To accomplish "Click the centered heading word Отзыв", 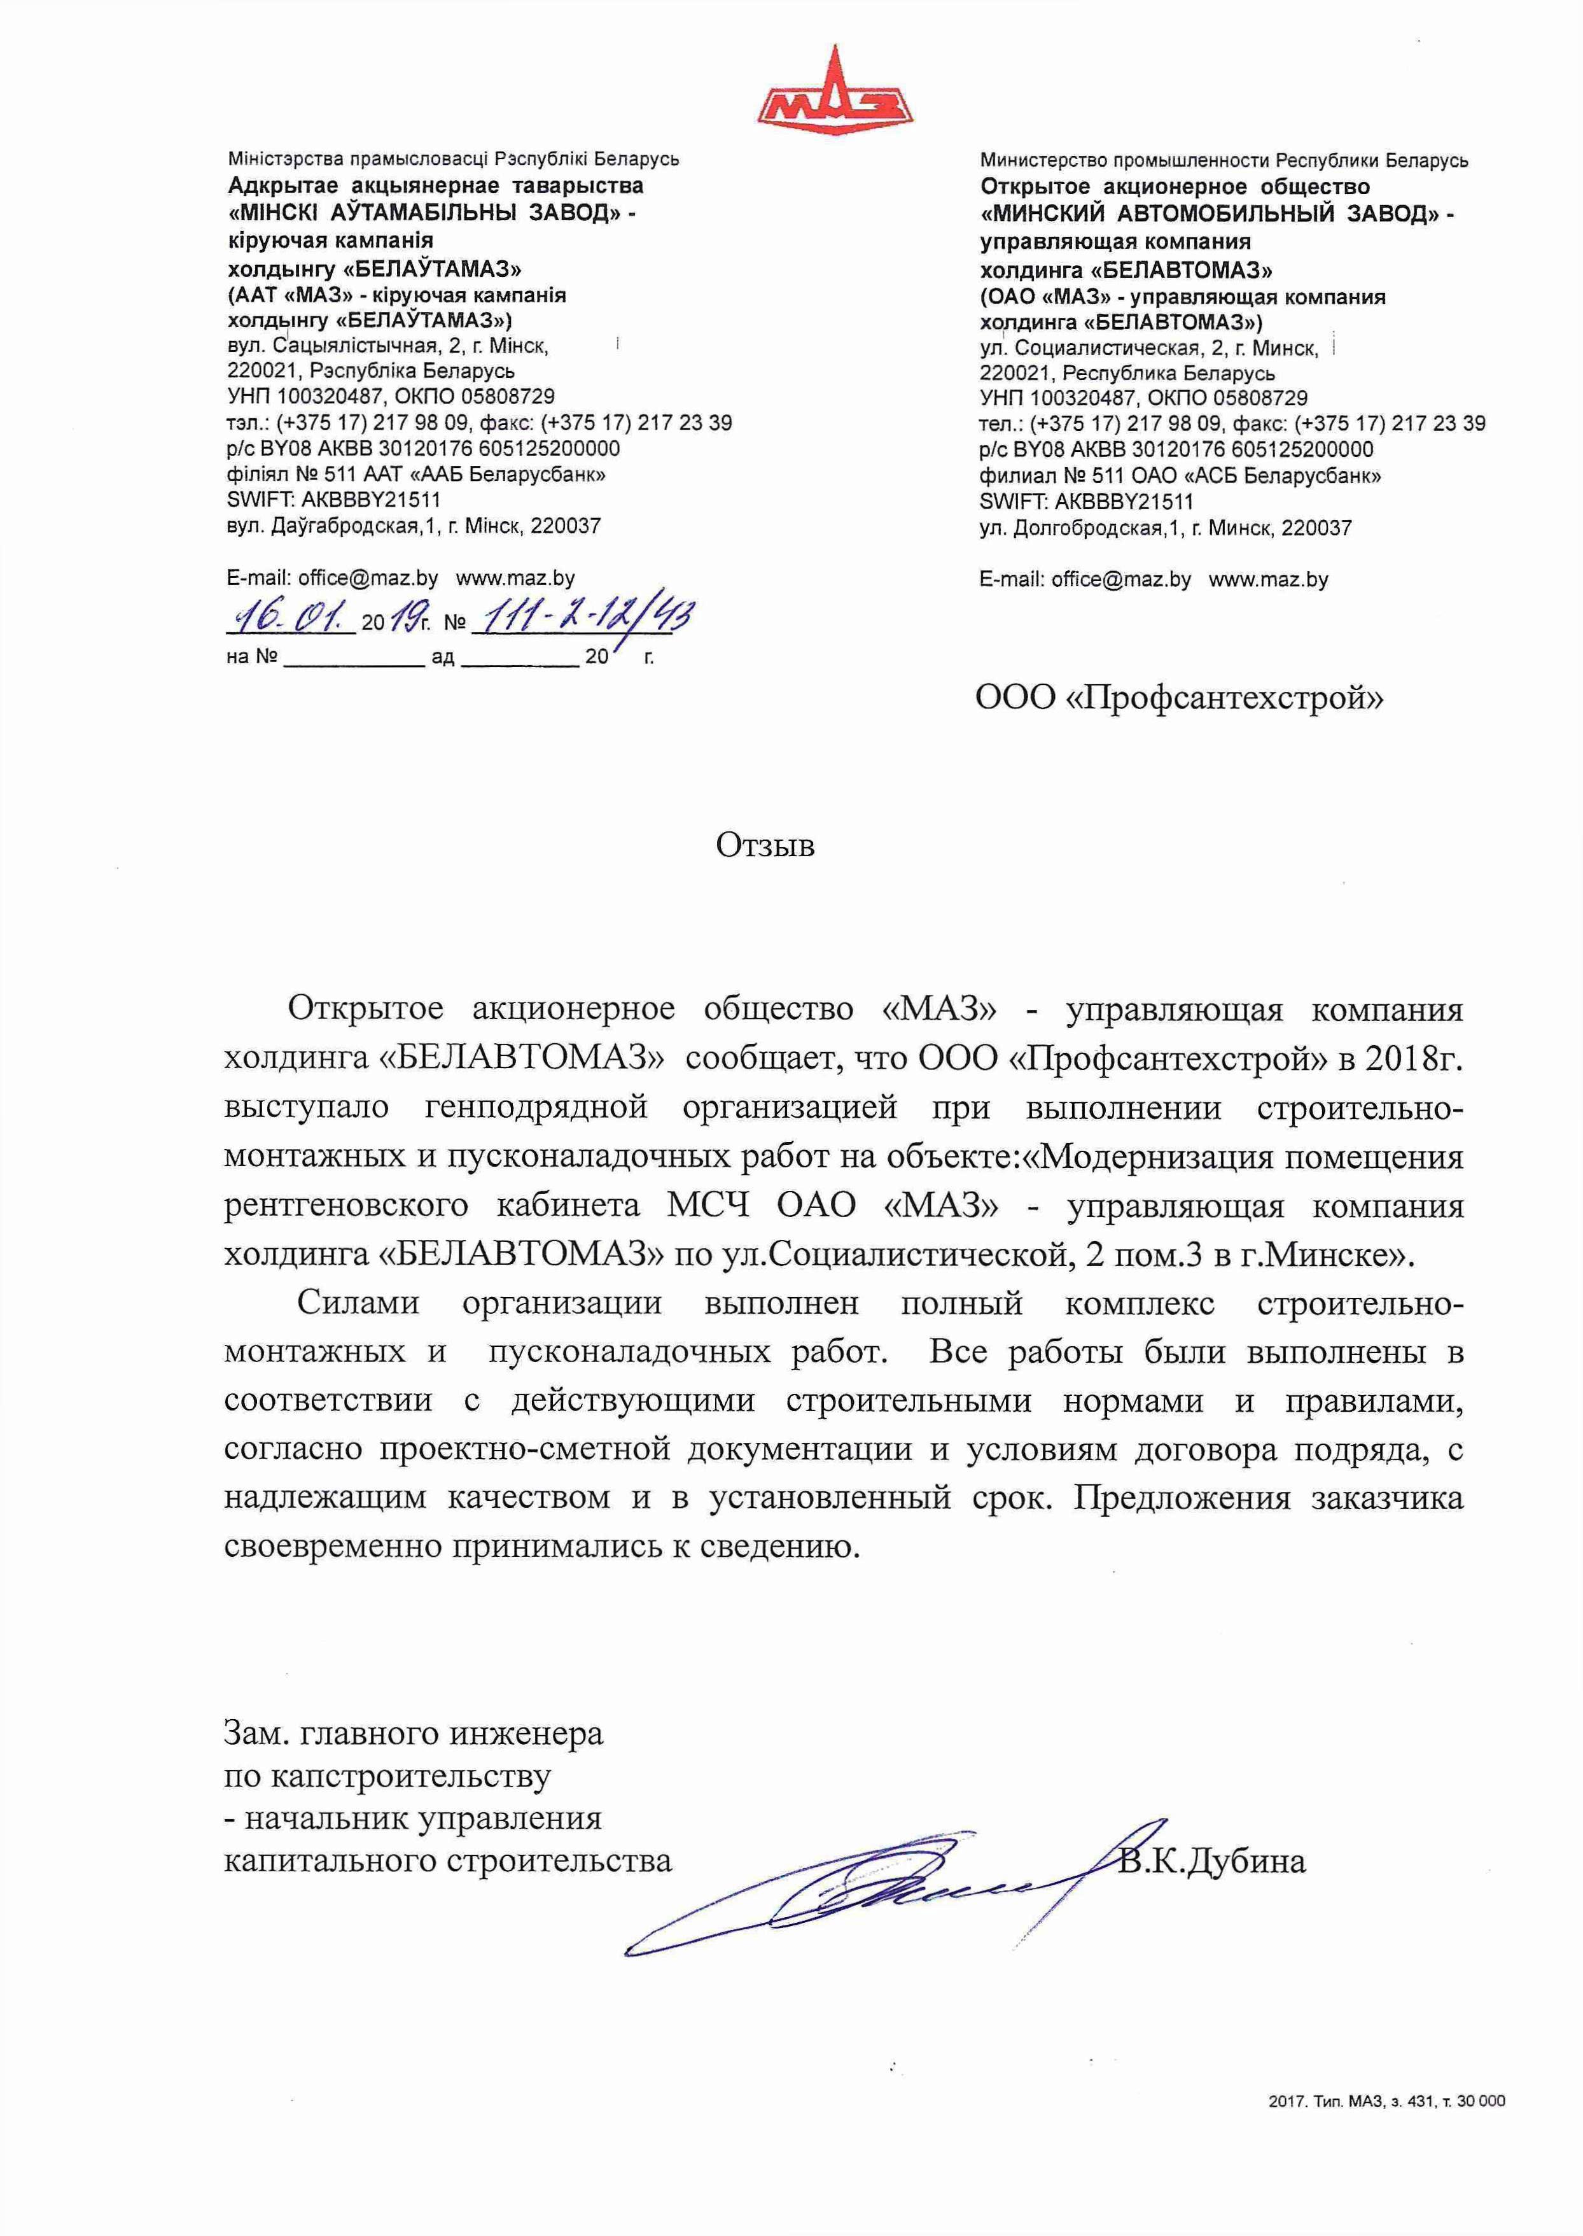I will tap(765, 845).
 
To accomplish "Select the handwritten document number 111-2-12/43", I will tap(583, 616).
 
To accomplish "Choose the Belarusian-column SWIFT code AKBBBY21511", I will tap(333, 500).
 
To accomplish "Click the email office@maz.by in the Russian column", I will tap(1085, 579).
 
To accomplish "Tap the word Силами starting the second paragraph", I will tap(358, 1303).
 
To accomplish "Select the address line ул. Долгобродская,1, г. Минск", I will tap(1165, 528).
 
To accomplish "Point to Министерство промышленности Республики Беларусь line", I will tap(1224, 160).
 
